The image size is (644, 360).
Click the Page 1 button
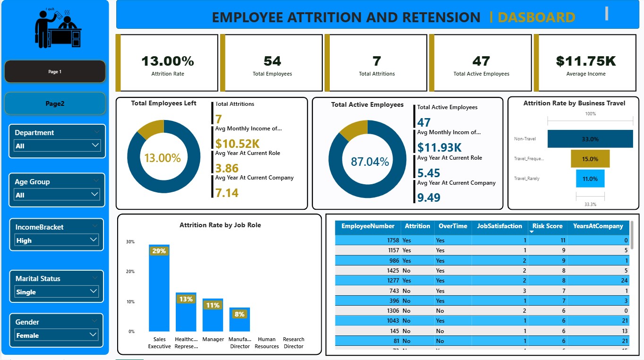[55, 72]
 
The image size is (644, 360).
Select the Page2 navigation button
[55, 103]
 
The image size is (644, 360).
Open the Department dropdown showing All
[57, 146]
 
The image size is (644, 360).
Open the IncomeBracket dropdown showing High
[56, 240]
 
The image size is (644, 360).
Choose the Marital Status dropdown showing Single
[56, 292]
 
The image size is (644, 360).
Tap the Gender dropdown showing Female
[56, 335]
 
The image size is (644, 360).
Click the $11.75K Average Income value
[586, 61]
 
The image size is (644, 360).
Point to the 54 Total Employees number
[272, 61]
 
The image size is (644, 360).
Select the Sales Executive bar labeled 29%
[159, 288]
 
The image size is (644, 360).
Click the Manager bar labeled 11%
[213, 315]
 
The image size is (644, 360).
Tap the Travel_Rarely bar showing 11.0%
[590, 179]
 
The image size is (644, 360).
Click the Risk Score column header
[547, 226]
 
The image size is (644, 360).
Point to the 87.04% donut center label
[369, 162]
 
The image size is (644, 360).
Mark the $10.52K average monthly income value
[238, 144]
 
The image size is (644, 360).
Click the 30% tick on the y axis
[130, 242]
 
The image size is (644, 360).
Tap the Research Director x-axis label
[293, 343]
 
